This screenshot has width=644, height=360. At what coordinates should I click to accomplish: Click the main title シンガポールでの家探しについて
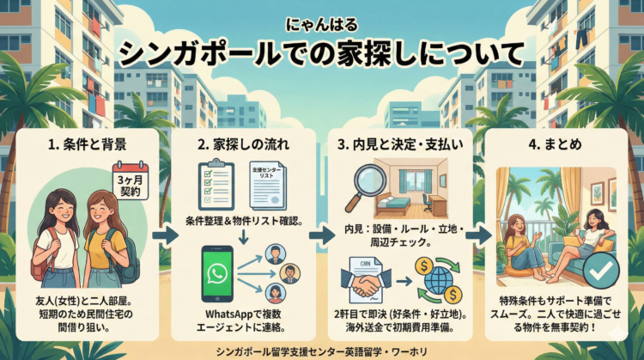click(x=321, y=53)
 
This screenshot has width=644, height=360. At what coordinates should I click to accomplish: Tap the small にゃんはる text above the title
click(x=321, y=26)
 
